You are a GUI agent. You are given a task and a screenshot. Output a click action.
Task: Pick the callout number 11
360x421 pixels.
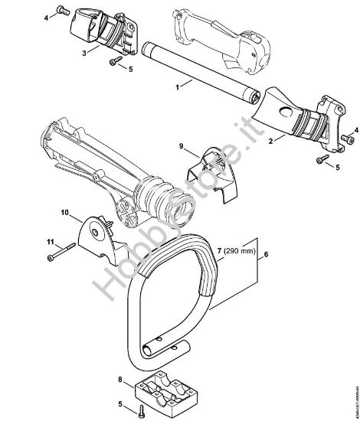(x=51, y=243)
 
